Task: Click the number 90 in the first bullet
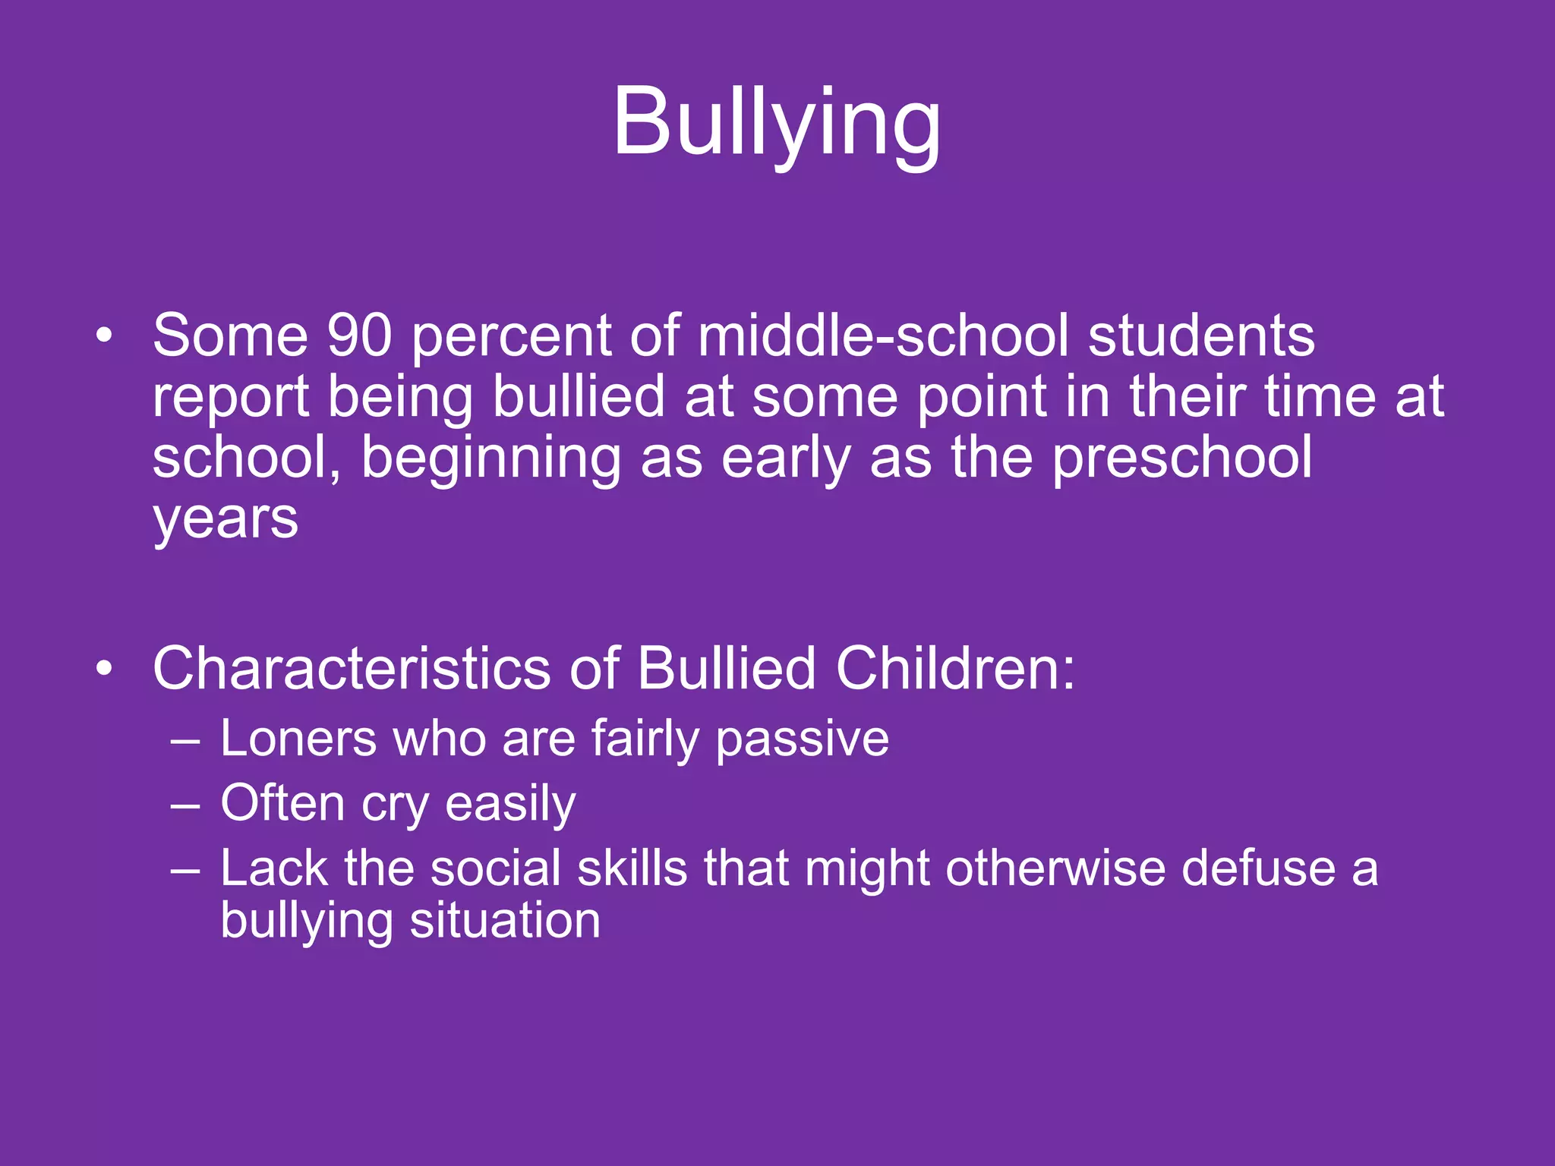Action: tap(359, 336)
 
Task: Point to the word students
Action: tap(1201, 336)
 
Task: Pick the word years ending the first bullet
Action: tap(226, 521)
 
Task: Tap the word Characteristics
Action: tap(352, 669)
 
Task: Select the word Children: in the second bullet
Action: tap(955, 669)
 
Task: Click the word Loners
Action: tap(298, 739)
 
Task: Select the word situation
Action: tap(505, 921)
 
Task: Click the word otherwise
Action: tap(1055, 868)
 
